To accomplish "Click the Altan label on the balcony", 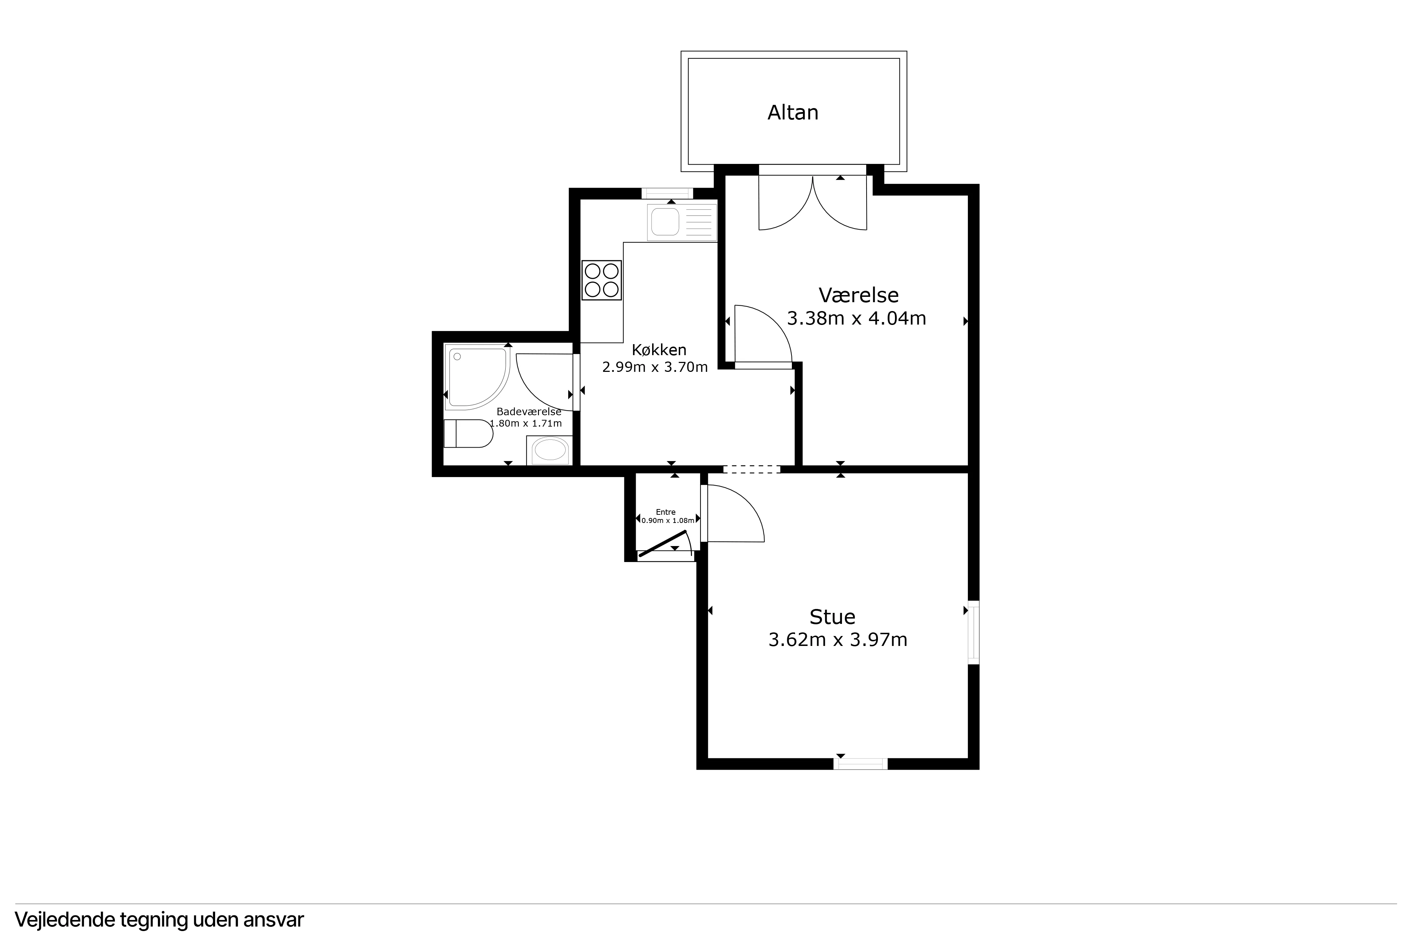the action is coord(792,112).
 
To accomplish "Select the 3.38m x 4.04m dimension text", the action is coord(856,318).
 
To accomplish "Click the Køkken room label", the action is coord(659,350).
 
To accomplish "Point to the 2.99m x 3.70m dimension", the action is coord(655,367).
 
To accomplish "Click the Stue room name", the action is coord(832,616).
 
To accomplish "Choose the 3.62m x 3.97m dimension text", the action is coord(838,640).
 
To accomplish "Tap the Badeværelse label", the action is coord(529,412).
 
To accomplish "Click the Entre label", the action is coord(666,512).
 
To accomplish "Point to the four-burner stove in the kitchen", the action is coord(601,280).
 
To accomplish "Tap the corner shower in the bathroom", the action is coord(478,377).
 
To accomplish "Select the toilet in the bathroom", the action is coord(468,433).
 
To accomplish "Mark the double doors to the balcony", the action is coord(812,202).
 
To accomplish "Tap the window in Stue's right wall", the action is coord(973,632).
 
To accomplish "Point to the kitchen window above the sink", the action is coord(667,193).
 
